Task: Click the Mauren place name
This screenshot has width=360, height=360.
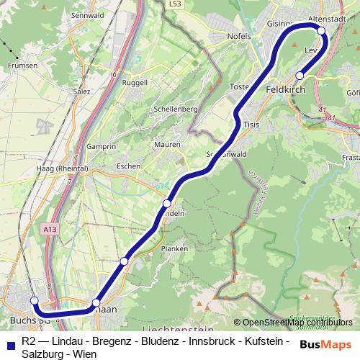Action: tap(167, 145)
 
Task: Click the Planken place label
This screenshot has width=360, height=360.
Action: tap(174, 248)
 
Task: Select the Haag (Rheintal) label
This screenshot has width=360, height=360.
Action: tap(61, 168)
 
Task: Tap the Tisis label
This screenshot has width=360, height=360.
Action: tap(251, 124)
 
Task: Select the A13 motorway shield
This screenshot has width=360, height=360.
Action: tap(50, 229)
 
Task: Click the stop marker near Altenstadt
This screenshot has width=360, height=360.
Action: tap(321, 30)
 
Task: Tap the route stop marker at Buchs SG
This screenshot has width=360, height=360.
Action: tap(34, 300)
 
